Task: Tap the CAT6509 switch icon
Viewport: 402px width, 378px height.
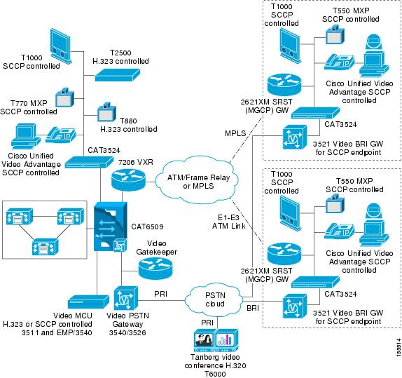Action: click(x=111, y=227)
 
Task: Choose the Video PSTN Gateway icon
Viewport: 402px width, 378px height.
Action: click(x=126, y=299)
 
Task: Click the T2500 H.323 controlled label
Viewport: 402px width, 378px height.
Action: click(x=130, y=57)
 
